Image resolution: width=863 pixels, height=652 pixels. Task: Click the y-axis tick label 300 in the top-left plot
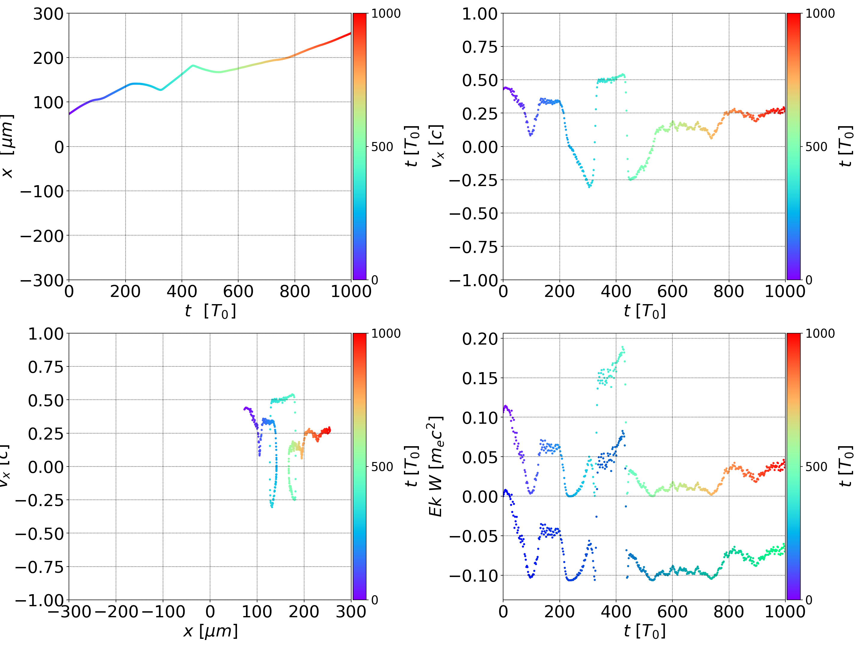pos(48,14)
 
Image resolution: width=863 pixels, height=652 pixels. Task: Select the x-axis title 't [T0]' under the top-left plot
pos(210,311)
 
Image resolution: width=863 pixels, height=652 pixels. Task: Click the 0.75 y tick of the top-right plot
pos(480,47)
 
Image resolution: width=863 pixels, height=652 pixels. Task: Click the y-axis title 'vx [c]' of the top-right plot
pos(437,146)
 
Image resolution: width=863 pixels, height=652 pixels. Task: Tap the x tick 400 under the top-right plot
pos(616,292)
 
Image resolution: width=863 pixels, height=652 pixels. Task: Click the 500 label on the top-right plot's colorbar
pos(816,147)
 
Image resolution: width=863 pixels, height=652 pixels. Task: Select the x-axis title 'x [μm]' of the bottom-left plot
pos(210,631)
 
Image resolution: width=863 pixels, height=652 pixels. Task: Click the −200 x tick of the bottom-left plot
pos(116,612)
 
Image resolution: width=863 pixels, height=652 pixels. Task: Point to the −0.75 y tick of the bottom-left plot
pos(39,567)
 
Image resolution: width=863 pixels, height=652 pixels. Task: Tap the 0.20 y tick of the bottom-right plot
pos(480,339)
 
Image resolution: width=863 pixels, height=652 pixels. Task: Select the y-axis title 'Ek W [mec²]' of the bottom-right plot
pos(436,466)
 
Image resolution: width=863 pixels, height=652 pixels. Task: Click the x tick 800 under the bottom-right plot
pos(728,612)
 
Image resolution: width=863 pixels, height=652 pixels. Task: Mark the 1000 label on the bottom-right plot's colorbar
pos(820,333)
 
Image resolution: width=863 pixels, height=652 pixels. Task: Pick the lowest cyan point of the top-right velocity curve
pos(589,187)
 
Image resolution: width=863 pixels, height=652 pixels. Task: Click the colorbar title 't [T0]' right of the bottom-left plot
pos(412,466)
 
